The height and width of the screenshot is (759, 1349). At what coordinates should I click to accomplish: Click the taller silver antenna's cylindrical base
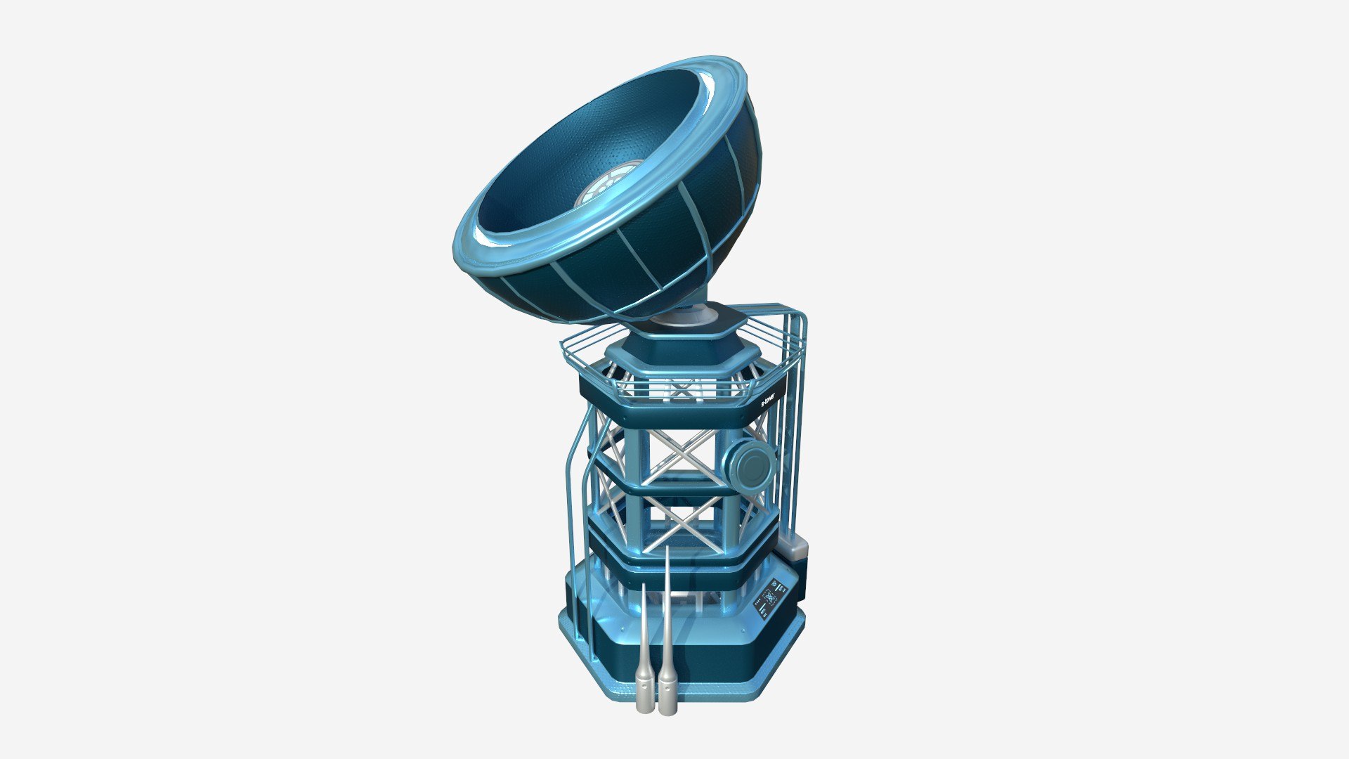pos(667,696)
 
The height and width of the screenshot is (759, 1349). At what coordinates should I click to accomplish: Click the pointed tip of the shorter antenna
pos(644,587)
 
